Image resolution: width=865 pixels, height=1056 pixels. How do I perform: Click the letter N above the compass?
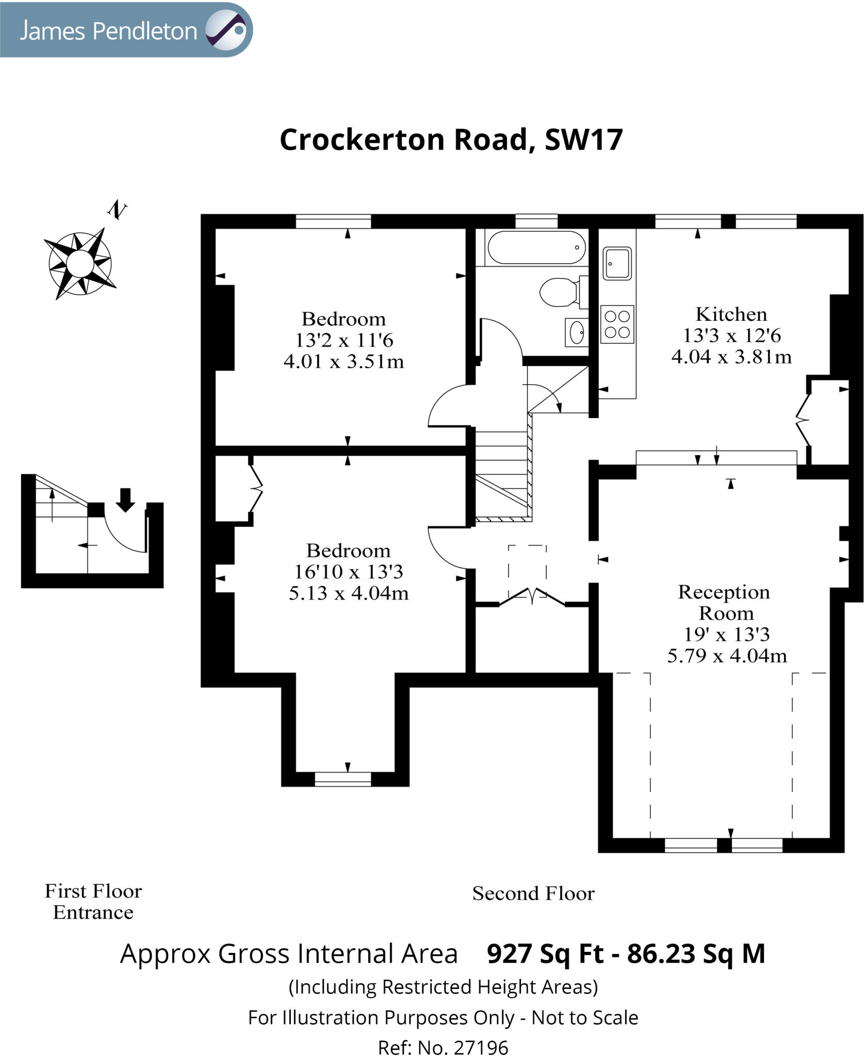tap(117, 210)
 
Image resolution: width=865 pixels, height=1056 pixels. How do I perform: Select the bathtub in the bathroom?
tap(536, 247)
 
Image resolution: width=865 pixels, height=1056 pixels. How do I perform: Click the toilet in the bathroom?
tap(559, 292)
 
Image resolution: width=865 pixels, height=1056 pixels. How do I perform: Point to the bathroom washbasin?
tap(577, 332)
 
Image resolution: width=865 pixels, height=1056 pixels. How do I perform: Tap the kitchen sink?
tap(617, 263)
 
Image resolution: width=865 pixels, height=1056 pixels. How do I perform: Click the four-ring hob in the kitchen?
tap(617, 324)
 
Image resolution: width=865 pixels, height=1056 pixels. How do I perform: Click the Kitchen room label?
tap(731, 314)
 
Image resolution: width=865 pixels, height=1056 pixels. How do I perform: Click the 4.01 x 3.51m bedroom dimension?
tap(344, 361)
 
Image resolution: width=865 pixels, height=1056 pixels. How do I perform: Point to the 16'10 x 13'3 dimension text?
tap(348, 572)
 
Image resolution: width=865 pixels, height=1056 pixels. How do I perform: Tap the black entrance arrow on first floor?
tap(125, 500)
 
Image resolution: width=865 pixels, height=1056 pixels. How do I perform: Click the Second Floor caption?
tap(533, 894)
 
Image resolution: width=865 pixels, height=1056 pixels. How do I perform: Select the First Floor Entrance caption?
tap(93, 901)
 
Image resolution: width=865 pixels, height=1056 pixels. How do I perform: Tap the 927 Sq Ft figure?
tap(545, 953)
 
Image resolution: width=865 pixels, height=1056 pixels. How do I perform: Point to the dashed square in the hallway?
tap(527, 565)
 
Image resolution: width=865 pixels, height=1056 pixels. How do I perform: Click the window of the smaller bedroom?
tap(333, 222)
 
